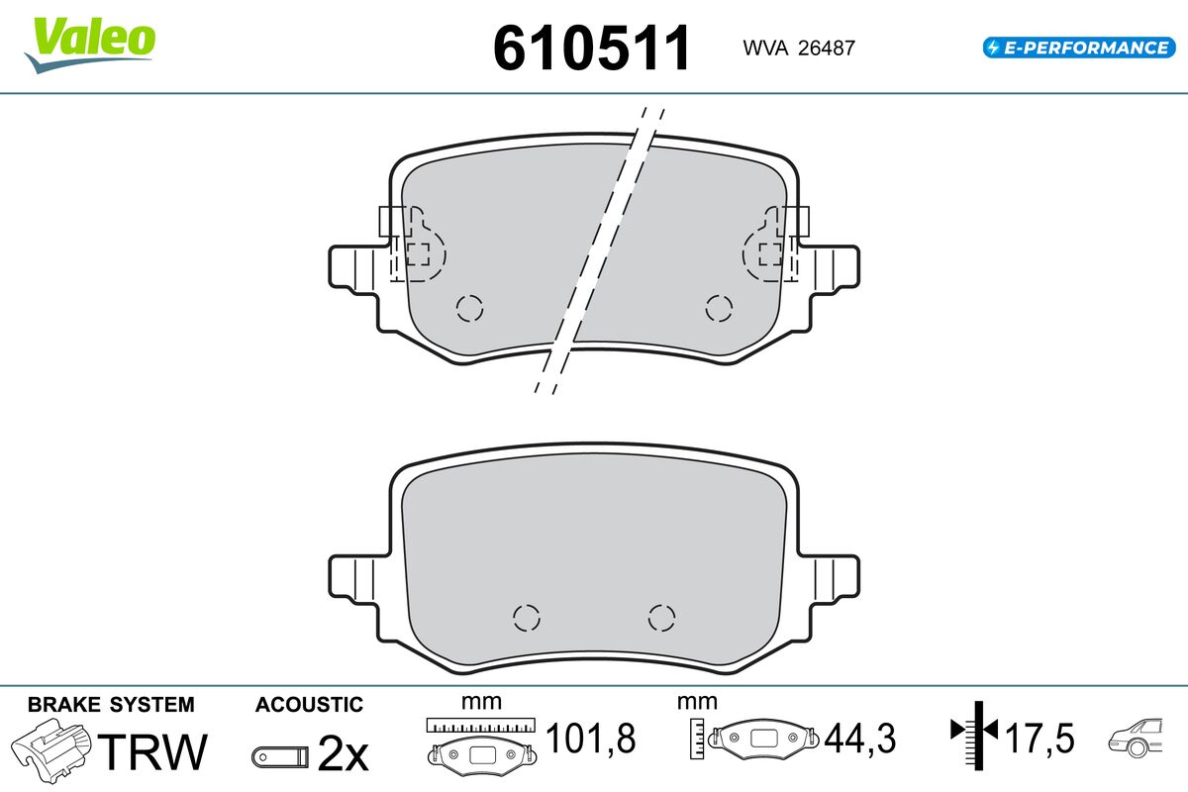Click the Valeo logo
[90, 45]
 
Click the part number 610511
[591, 48]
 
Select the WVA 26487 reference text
[799, 48]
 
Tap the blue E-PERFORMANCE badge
[1079, 48]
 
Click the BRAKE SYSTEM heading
[111, 705]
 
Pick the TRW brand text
[152, 751]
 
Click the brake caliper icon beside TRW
[50, 750]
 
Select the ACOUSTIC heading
[309, 705]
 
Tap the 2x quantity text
[343, 753]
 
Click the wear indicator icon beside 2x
[280, 756]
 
